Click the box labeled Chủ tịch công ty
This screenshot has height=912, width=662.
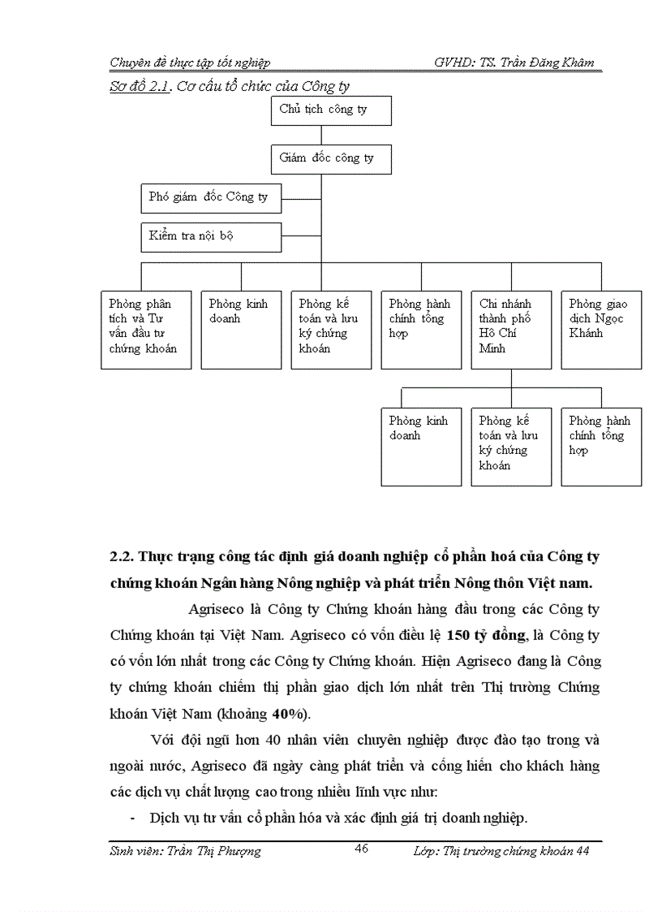(331, 110)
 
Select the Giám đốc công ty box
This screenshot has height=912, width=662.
(331, 158)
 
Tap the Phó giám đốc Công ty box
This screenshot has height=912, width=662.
(211, 197)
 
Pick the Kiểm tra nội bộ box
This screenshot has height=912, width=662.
(211, 236)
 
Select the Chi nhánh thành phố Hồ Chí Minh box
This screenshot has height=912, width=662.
(510, 329)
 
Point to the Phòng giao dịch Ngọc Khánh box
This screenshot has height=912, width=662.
(600, 329)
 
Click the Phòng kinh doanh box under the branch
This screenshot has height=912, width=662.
(420, 447)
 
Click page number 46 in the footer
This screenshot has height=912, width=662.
(363, 849)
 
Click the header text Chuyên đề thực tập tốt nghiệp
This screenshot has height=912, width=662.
(190, 63)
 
